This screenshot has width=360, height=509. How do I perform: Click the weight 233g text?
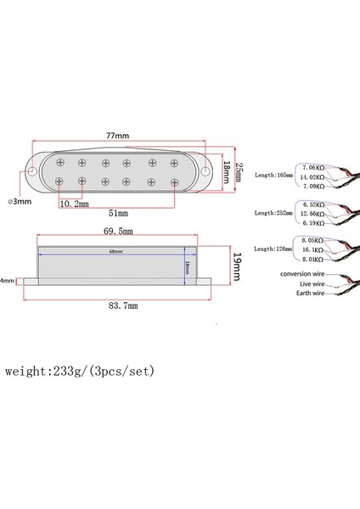tap(80, 372)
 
